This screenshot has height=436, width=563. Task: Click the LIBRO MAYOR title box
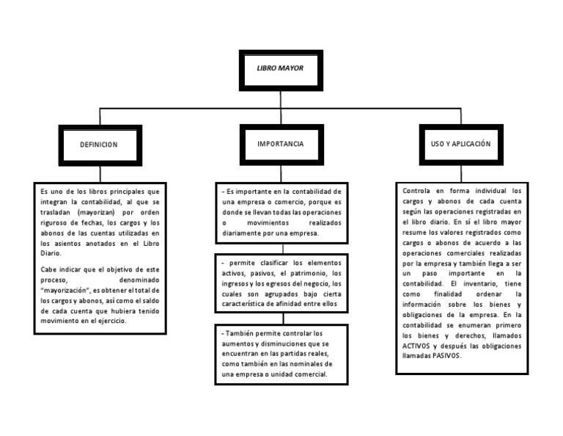(281, 68)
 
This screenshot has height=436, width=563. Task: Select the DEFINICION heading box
(99, 145)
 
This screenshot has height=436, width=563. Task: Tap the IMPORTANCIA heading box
(281, 144)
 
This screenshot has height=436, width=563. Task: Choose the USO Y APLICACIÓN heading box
(460, 144)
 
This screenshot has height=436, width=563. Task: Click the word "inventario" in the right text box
(483, 283)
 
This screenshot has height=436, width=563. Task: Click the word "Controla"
(417, 190)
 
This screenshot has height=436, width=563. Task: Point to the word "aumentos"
(237, 344)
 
